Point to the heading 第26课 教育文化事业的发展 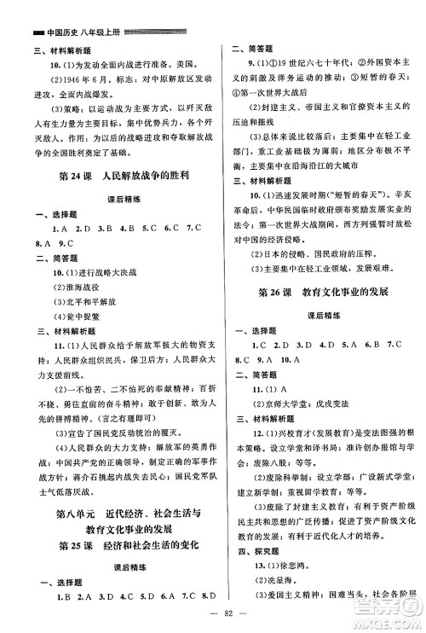[x=320, y=293]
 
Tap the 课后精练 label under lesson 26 [x=319, y=316]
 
